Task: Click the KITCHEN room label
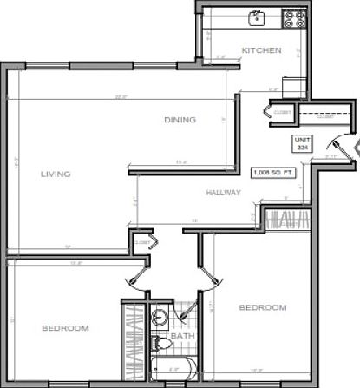click(x=261, y=51)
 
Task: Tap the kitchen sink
click(x=258, y=16)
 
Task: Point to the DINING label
click(x=180, y=120)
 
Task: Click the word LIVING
click(x=56, y=174)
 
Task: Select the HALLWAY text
click(x=223, y=192)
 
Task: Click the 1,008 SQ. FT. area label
click(x=272, y=172)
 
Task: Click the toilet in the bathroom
click(x=160, y=345)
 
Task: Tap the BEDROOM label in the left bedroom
click(x=65, y=327)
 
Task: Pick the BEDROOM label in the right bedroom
click(x=262, y=307)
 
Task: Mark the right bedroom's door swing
click(x=208, y=276)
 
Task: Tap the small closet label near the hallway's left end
click(x=141, y=242)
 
